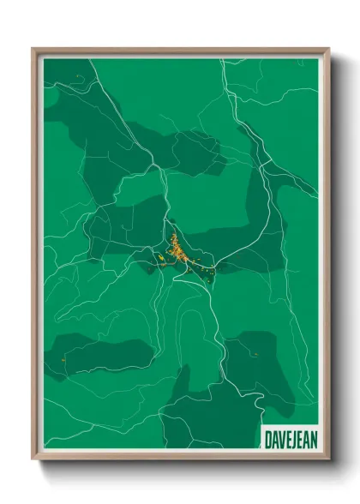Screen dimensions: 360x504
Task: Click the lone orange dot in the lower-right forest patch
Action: [255, 352]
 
